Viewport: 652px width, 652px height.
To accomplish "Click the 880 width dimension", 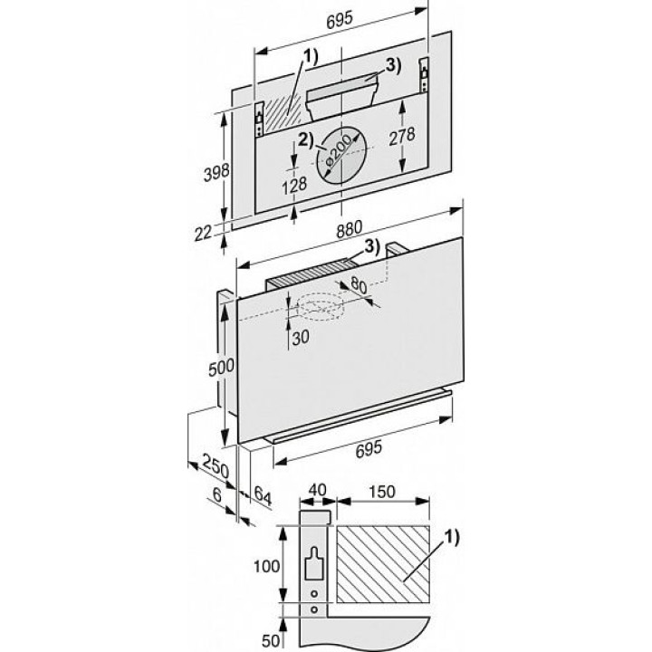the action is click(350, 229).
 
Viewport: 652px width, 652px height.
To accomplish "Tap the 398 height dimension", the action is click(216, 172).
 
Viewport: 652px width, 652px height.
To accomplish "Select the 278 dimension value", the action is click(402, 136).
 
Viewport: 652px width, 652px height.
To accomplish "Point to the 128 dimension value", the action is click(294, 186).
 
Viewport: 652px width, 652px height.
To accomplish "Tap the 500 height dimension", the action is click(221, 367).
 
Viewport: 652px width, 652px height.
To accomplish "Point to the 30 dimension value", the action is click(301, 338).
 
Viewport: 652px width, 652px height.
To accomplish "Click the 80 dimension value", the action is click(359, 285).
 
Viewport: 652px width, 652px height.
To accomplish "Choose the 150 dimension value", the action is click(382, 492).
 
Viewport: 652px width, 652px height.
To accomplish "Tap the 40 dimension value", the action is click(317, 490).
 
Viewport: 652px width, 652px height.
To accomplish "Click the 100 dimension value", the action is click(266, 566).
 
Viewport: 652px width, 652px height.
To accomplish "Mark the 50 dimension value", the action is click(270, 641).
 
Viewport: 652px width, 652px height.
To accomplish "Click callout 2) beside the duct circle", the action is click(306, 140).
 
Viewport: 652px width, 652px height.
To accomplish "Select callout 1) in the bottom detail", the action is click(452, 538).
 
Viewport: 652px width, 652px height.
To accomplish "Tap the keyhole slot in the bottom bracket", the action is click(314, 564).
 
